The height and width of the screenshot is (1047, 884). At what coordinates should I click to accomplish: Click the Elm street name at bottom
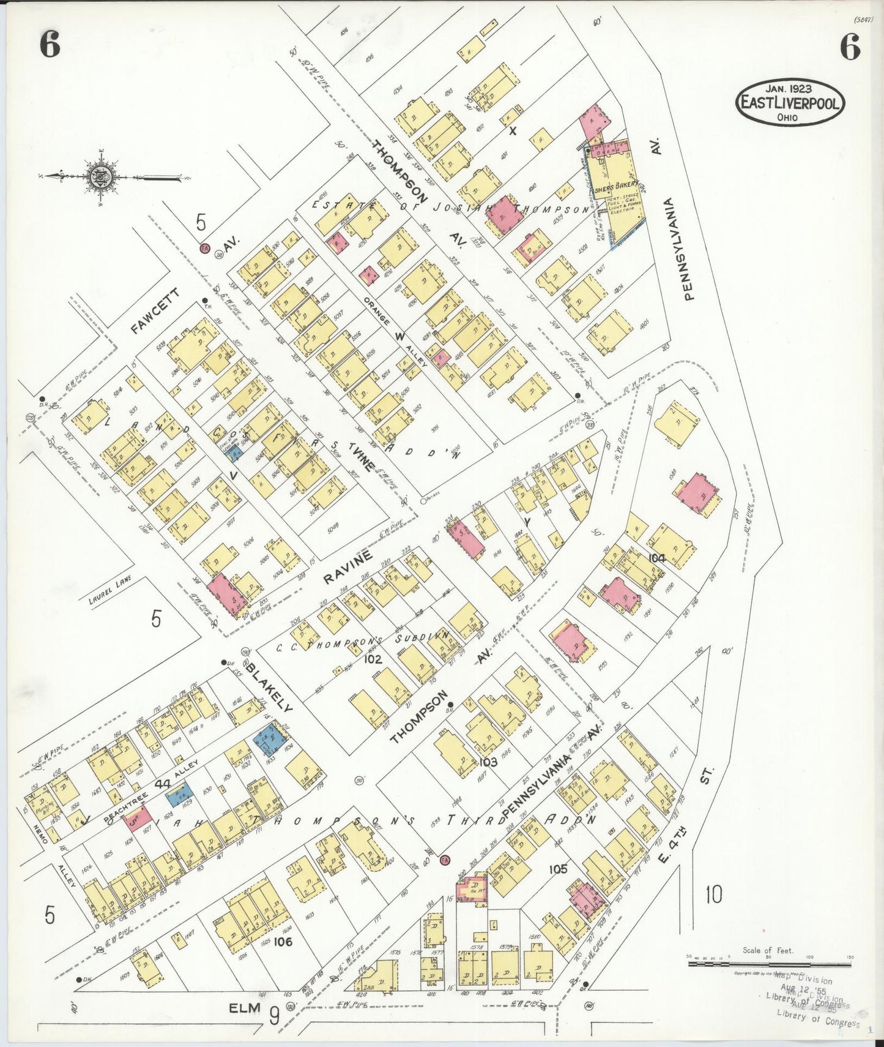(x=246, y=1008)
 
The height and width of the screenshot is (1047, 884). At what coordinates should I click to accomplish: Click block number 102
(x=372, y=659)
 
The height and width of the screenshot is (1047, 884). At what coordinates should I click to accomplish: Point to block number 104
(x=657, y=558)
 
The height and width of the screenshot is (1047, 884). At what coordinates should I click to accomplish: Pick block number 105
(x=558, y=868)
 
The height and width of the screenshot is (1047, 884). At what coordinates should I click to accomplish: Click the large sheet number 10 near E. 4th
(x=713, y=895)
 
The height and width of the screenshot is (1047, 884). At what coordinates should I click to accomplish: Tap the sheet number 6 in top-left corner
(x=50, y=45)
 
